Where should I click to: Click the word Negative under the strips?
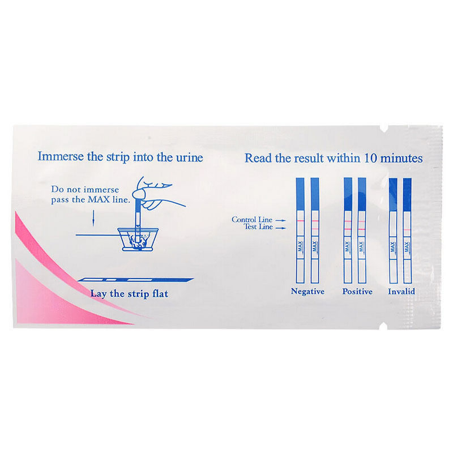pyautogui.click(x=307, y=291)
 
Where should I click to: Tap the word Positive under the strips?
pyautogui.click(x=357, y=291)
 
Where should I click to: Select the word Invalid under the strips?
pyautogui.click(x=401, y=291)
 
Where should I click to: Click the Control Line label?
pyautogui.click(x=252, y=220)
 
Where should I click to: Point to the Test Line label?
pyautogui.click(x=258, y=227)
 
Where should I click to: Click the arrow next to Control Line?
pyautogui.click(x=280, y=220)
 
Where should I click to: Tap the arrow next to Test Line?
pyautogui.click(x=280, y=228)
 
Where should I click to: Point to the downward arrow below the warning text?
pyautogui.click(x=93, y=218)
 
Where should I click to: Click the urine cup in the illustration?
pyautogui.click(x=138, y=239)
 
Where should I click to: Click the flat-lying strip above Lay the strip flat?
pyautogui.click(x=135, y=280)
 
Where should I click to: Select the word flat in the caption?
pyautogui.click(x=160, y=294)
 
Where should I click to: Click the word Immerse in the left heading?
pyautogui.click(x=61, y=157)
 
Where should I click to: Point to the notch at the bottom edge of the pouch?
pyautogui.click(x=384, y=326)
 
